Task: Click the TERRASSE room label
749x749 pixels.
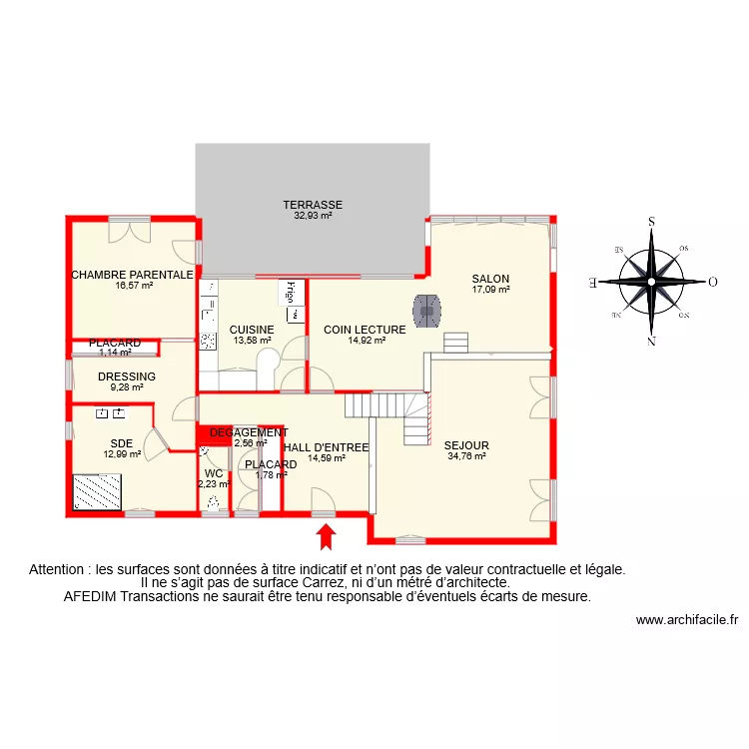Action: coord(313,204)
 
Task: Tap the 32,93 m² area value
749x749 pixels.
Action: coord(313,215)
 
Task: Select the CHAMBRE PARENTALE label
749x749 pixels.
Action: coord(132,275)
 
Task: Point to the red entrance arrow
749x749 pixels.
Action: coord(326,537)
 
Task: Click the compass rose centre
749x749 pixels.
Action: coord(651,282)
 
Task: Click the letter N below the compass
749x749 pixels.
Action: coord(651,342)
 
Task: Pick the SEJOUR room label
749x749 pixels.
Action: coord(466,445)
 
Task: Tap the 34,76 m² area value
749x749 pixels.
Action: coord(466,456)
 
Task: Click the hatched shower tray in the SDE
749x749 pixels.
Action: coord(97,491)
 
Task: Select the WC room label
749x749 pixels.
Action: coord(214,473)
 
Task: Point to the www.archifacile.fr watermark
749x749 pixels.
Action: coord(686,619)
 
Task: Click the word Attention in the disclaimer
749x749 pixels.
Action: coord(58,569)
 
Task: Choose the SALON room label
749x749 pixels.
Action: coord(491,279)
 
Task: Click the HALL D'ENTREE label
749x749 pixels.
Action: coord(327,447)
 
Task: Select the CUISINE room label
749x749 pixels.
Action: coord(252,330)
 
